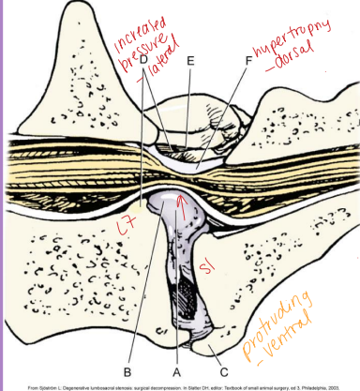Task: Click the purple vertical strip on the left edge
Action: click(3, 188)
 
